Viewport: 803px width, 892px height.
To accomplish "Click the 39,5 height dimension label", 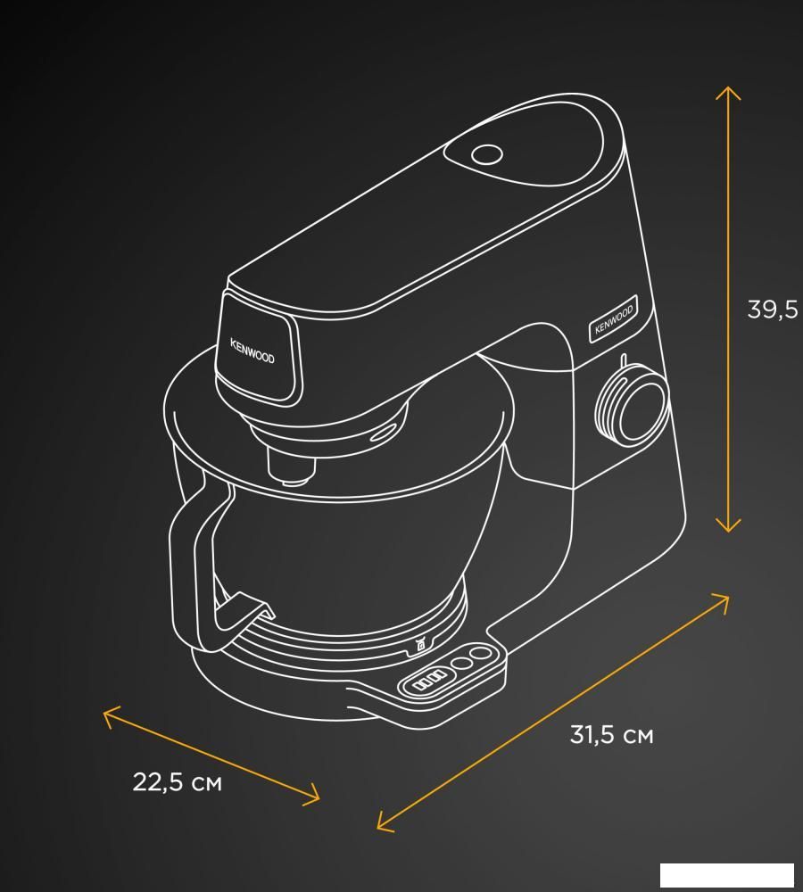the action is pyautogui.click(x=773, y=310).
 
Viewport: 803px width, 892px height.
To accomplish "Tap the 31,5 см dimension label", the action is pyautogui.click(x=612, y=734).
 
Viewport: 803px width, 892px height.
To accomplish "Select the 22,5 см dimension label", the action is pyautogui.click(x=177, y=781).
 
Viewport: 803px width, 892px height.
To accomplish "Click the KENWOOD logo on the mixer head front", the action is pyautogui.click(x=252, y=351).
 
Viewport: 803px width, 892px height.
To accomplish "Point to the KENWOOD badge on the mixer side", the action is pyautogui.click(x=613, y=319).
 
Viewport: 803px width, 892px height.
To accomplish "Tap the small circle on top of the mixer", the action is pyautogui.click(x=487, y=154).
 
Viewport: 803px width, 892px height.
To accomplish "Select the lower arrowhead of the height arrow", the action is pyautogui.click(x=728, y=525).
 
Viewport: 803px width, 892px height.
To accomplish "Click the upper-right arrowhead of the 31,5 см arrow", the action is pyautogui.click(x=721, y=602).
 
